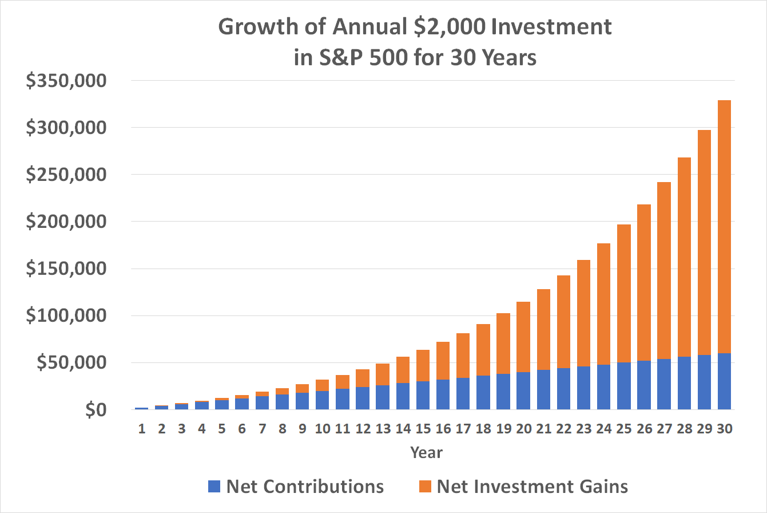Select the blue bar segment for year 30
[x=724, y=381]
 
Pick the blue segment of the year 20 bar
[x=523, y=390]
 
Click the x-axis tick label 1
[x=141, y=428]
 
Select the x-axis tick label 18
[x=483, y=428]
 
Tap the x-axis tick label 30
[x=724, y=428]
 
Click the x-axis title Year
[x=426, y=452]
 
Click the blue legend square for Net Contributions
[x=214, y=487]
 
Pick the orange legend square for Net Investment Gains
[x=424, y=487]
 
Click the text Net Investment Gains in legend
[x=532, y=487]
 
